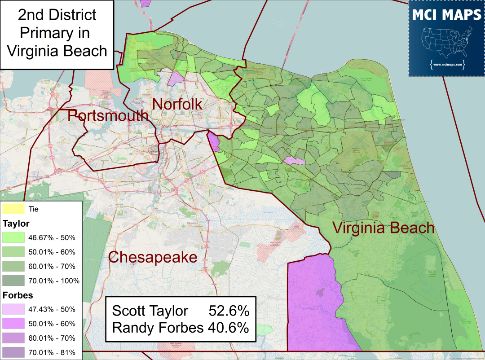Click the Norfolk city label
click(x=177, y=104)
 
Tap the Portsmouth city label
click(x=108, y=115)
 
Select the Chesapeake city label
click(x=153, y=257)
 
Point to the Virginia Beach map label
click(x=383, y=228)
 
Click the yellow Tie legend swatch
click(x=13, y=209)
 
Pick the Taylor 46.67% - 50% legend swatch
click(x=13, y=237)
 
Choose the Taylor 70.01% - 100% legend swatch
click(x=13, y=281)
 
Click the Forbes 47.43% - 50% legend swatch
click(x=13, y=309)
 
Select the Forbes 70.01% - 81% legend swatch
click(x=13, y=352)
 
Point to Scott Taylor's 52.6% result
click(x=229, y=311)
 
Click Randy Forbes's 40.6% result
click(x=228, y=328)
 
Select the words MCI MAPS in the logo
click(x=446, y=15)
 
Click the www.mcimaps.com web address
click(x=446, y=64)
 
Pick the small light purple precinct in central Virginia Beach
click(x=294, y=161)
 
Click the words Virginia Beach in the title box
click(x=57, y=50)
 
